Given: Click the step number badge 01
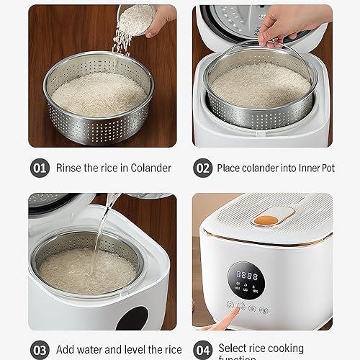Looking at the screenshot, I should pyautogui.click(x=39, y=168).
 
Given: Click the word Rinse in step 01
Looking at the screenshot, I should pyautogui.click(x=70, y=168).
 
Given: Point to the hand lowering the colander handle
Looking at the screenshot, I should pyautogui.click(x=281, y=25).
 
